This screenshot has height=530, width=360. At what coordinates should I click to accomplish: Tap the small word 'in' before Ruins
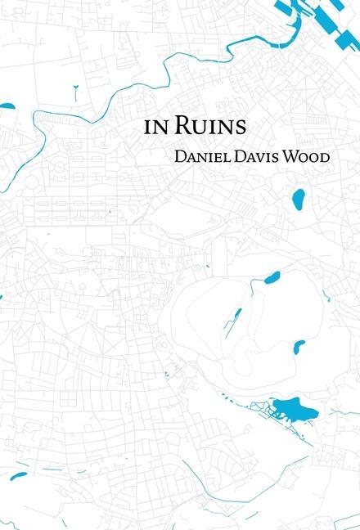[152, 128]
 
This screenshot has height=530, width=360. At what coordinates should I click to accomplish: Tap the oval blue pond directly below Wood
[299, 198]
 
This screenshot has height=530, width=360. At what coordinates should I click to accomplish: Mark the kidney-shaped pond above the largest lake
[299, 347]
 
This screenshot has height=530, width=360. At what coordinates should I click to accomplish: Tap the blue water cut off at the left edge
[7, 106]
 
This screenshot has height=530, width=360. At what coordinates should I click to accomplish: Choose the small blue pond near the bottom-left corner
[18, 474]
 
